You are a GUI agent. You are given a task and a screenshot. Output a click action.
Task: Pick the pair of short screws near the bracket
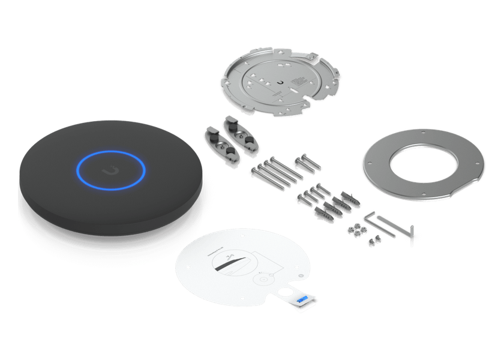[x=305, y=163]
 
